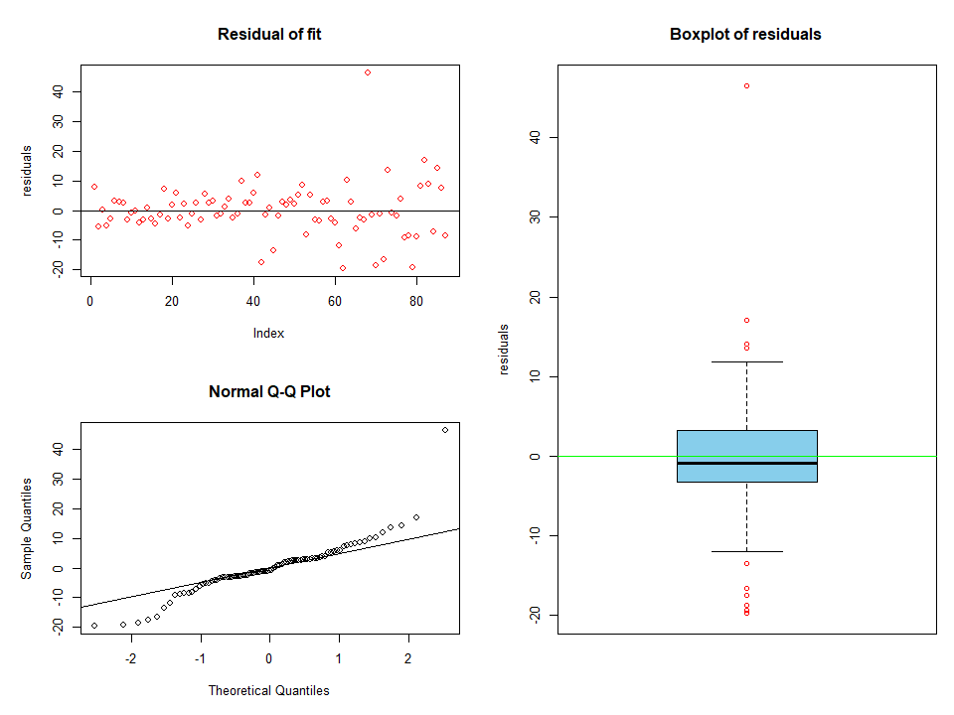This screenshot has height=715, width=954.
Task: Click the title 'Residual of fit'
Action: coord(269,35)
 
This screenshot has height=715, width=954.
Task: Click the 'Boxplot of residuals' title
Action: coord(745,35)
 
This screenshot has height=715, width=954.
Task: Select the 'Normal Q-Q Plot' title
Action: coord(269,391)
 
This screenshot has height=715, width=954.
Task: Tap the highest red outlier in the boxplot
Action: coord(746,86)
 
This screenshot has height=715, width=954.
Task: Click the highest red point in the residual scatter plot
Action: coord(367,72)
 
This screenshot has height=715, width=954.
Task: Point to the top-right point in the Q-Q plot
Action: coord(445,430)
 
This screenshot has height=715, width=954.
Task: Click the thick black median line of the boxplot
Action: coord(746,463)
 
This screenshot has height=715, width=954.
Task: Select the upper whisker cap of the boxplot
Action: coord(746,362)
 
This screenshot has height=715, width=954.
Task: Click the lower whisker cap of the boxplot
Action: coord(746,551)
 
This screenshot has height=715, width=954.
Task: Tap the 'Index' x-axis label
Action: coord(268,334)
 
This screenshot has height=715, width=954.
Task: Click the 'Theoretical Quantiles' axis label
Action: coord(268,690)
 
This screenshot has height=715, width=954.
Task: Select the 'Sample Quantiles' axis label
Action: coord(28,528)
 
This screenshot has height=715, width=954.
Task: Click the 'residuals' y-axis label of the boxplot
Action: coord(504,350)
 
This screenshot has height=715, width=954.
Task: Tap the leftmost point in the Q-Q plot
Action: coord(94,626)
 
